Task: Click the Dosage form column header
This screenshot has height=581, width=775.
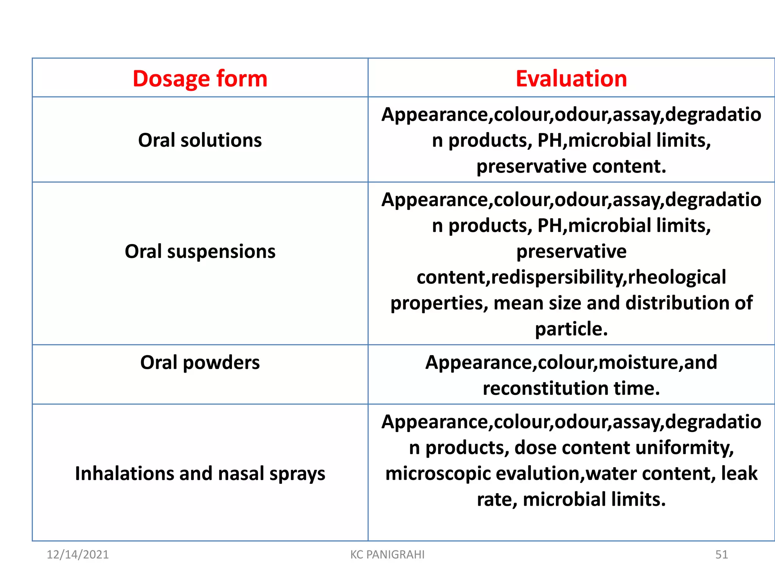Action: pos(200,79)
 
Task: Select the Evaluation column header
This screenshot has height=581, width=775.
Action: pos(571,79)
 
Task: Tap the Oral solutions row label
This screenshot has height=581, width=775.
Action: pos(200,140)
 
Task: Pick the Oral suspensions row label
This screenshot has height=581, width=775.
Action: pos(200,252)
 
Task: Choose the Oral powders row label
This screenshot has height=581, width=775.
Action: pos(200,362)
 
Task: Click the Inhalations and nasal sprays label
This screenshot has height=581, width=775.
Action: pos(200,474)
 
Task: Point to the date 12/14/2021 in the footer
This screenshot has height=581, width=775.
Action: pos(78,555)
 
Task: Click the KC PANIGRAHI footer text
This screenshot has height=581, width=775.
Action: pos(387,555)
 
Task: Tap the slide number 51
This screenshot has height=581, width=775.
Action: pos(721,555)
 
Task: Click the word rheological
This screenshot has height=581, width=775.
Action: pos(677,277)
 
